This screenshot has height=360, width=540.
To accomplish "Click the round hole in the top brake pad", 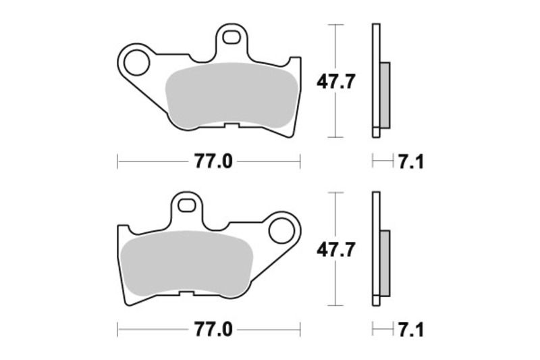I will [137, 63].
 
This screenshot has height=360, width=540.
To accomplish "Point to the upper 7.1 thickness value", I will [410, 162].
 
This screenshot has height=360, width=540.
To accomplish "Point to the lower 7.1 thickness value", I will [410, 330].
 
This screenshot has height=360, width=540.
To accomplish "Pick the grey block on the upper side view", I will [385, 95].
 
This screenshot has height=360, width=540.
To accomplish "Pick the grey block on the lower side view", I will [385, 263].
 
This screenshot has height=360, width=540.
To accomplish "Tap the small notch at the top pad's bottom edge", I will [231, 126].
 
